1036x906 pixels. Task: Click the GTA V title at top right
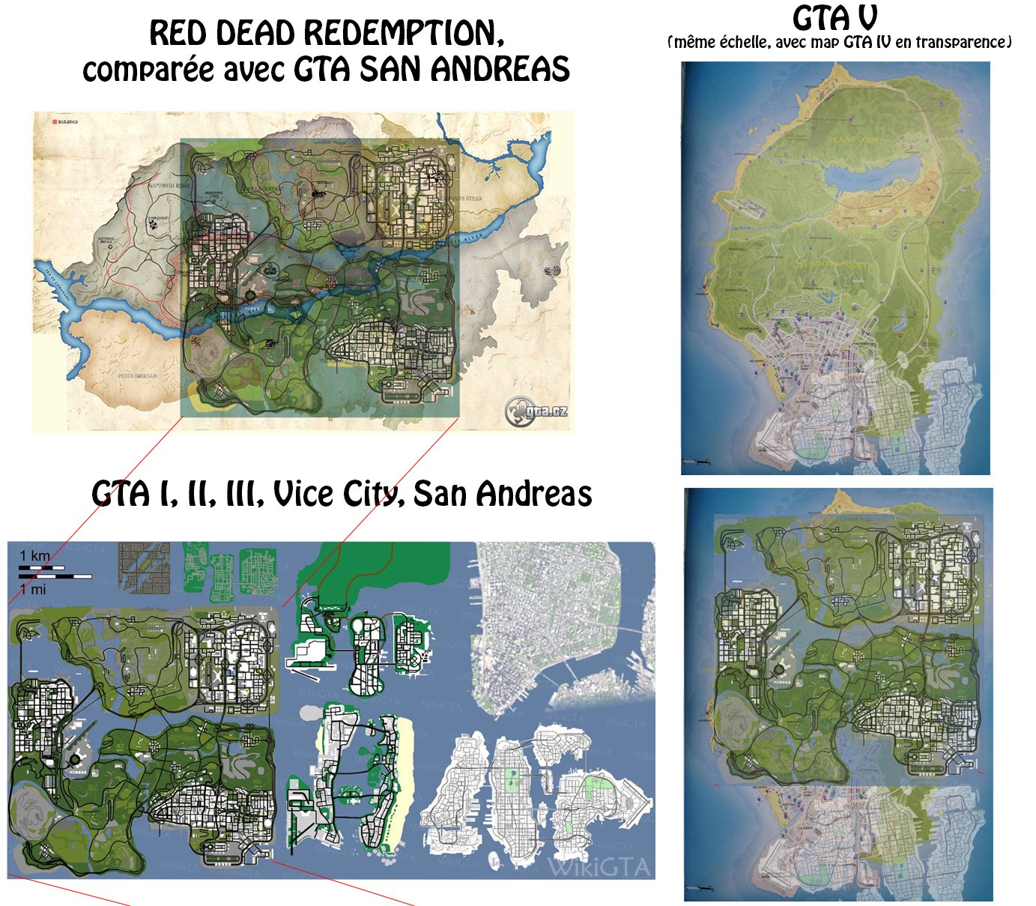pyautogui.click(x=834, y=18)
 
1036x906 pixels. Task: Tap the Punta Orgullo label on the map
pyautogui.click(x=136, y=375)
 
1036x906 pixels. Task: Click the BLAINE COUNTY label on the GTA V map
pyautogui.click(x=857, y=140)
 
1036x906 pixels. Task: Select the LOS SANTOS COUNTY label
pyautogui.click(x=833, y=265)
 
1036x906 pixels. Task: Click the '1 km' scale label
pyautogui.click(x=34, y=556)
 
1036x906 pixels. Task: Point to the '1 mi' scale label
pyautogui.click(x=33, y=589)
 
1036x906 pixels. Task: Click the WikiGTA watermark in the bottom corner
pyautogui.click(x=599, y=867)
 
